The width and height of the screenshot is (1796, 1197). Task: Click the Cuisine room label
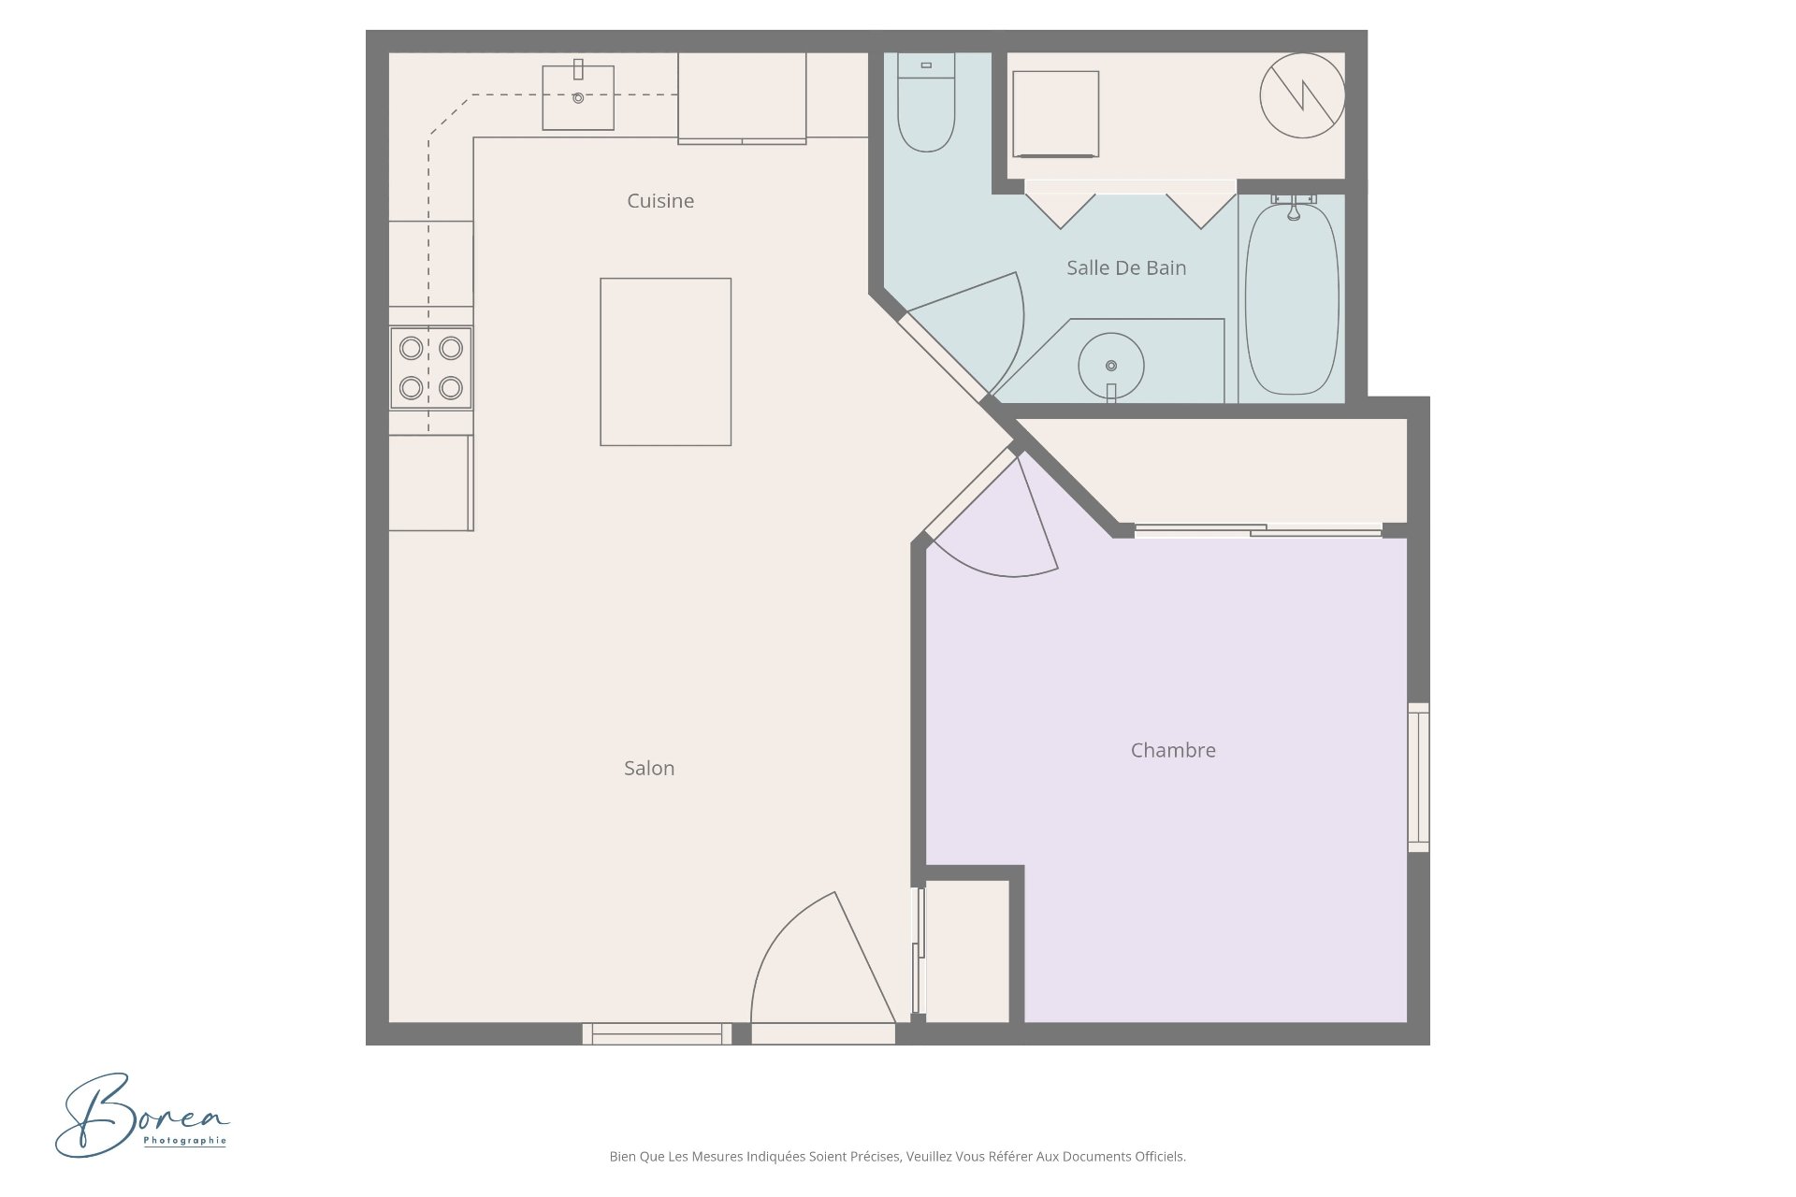pos(660,201)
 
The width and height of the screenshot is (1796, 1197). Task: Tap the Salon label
pos(649,768)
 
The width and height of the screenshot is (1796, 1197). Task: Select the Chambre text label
pos(1173,750)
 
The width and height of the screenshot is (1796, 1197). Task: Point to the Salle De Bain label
pos(1126,267)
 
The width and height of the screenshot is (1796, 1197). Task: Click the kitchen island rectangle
pos(665,362)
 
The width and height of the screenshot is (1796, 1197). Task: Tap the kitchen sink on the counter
pos(578,96)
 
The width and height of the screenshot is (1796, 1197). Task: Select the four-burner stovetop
pos(430,368)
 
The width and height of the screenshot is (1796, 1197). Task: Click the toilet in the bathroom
pos(926,102)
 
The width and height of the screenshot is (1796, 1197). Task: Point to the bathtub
pos(1292,297)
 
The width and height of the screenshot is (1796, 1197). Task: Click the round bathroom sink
pos(1111,366)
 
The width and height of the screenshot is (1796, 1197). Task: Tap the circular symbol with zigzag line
pos(1302,95)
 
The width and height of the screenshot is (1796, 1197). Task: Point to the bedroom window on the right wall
pos(1419,777)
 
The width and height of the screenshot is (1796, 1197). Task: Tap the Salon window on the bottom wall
pos(657,1033)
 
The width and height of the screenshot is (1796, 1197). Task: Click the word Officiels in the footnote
pos(1160,1157)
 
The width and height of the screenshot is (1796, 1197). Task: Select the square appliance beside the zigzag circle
pos(1055,114)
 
